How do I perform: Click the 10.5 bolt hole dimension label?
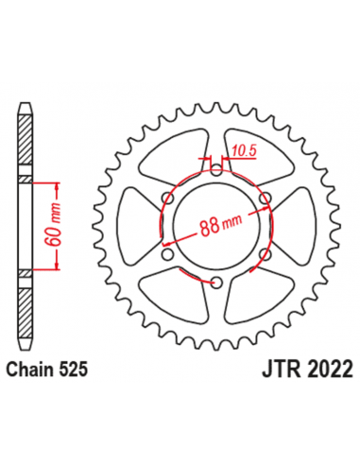(x=243, y=149)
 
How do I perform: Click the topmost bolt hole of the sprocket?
(x=216, y=169)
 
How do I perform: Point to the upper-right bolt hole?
(x=266, y=198)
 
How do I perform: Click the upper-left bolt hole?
(x=167, y=198)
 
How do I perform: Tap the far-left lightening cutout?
(x=142, y=227)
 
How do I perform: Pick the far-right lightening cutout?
(x=291, y=227)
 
